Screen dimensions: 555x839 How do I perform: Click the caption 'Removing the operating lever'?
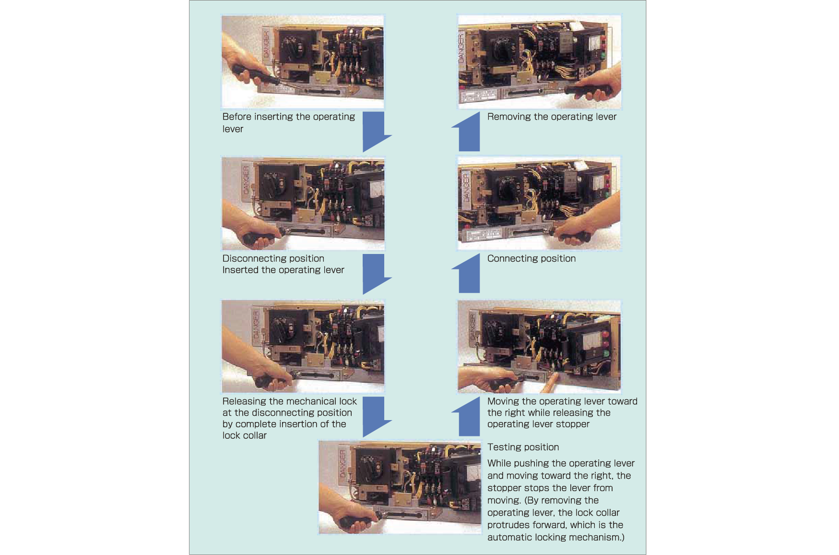click(552, 117)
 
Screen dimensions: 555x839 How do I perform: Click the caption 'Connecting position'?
click(531, 258)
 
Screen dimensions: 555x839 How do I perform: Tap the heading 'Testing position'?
click(523, 447)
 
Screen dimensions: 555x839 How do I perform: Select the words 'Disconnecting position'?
click(273, 258)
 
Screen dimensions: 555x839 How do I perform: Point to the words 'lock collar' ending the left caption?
click(244, 435)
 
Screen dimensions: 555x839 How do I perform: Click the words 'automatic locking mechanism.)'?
click(555, 537)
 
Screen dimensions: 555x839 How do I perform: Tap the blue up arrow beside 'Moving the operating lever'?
click(468, 417)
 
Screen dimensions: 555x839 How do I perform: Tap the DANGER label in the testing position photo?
click(343, 463)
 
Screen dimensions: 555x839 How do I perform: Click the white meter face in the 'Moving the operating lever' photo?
click(589, 342)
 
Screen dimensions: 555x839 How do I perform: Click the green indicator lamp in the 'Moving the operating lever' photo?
click(606, 354)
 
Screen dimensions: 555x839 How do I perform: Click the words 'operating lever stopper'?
click(538, 424)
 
